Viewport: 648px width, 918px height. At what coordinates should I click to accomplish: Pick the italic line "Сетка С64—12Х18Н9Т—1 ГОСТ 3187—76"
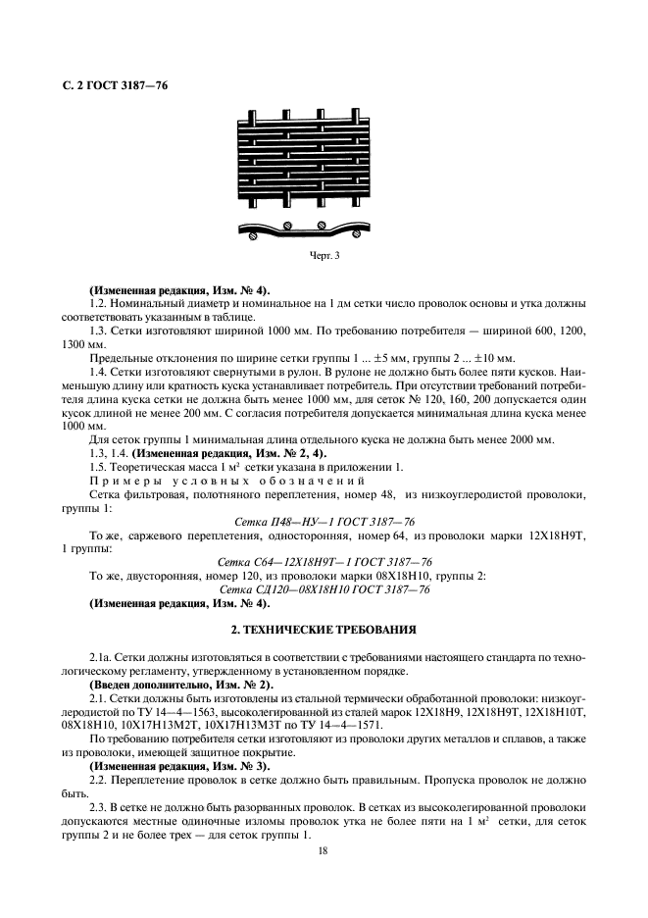324,561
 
